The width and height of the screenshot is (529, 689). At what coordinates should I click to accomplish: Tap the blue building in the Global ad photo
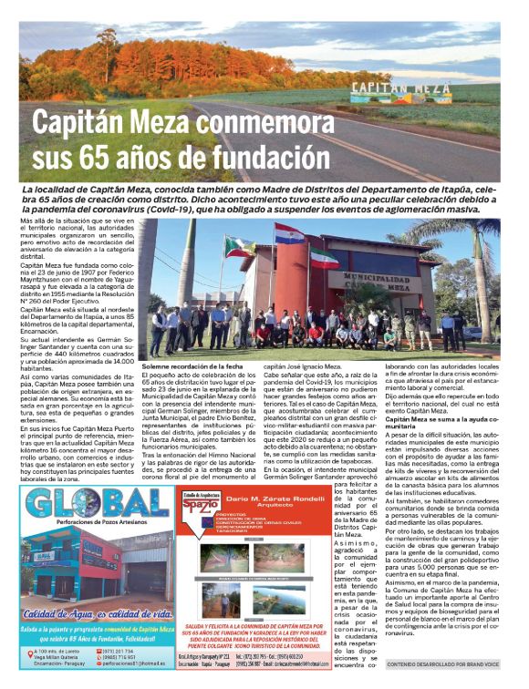(x=64, y=565)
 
